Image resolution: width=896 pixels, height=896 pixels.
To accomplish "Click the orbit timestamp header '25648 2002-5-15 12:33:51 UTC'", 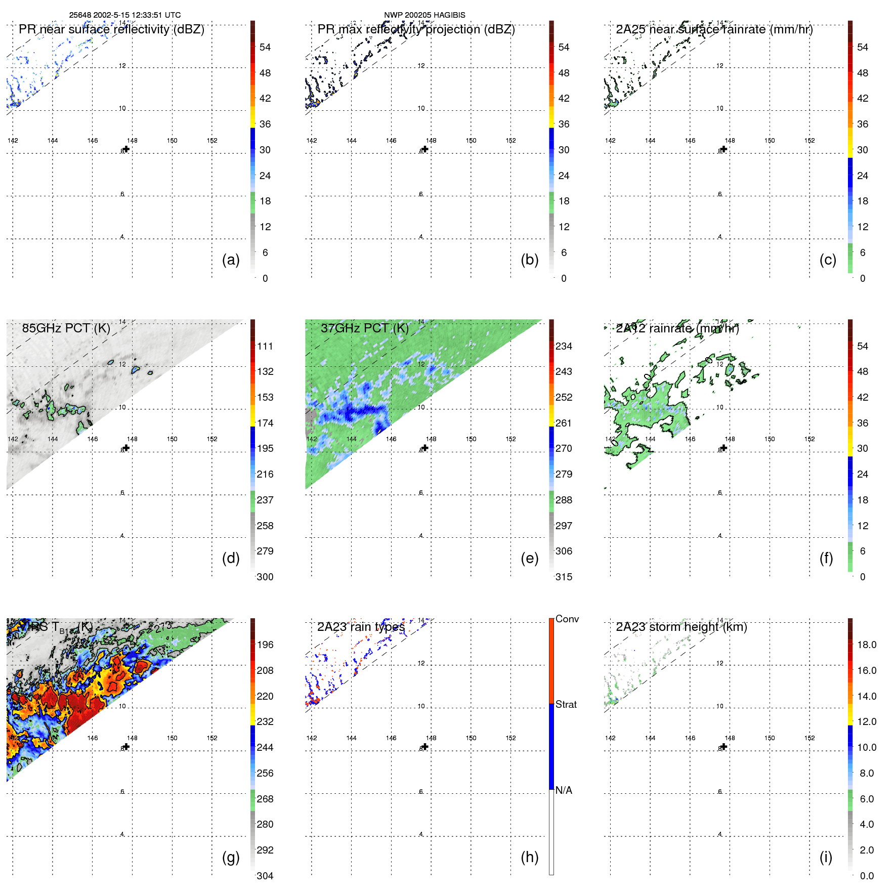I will coord(124,15).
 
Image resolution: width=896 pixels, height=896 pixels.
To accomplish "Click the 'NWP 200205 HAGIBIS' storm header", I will coord(424,15).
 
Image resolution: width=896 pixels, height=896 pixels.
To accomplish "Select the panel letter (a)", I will coord(231,260).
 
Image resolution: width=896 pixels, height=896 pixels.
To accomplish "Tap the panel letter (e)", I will coord(529,558).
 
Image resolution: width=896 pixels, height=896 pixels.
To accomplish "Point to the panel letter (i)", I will coord(826,857).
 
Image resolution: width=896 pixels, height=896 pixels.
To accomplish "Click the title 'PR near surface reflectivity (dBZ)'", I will coord(111,29).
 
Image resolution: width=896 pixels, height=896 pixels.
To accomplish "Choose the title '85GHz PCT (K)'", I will coord(66,328).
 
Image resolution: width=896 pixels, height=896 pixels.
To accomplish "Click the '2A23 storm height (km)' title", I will coord(681,627).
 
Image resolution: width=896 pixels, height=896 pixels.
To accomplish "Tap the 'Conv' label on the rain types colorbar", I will coord(567,619).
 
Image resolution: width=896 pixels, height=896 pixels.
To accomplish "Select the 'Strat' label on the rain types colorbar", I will coord(566,704).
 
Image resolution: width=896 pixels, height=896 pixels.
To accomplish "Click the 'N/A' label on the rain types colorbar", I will coord(564,790).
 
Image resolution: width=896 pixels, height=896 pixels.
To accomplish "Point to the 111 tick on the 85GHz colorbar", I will coord(265,346).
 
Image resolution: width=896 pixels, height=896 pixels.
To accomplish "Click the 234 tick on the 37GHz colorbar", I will coord(564,346).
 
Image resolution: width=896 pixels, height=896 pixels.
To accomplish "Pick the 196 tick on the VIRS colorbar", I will coord(265,645).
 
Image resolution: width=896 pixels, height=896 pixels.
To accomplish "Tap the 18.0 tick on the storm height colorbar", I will coord(866,645).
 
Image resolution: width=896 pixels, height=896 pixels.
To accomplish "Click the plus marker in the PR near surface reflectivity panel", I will coord(126,149).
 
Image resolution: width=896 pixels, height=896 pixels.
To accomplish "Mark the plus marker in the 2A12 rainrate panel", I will coord(724,448).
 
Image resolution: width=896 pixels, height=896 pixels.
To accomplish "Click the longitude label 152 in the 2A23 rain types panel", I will coord(510,738).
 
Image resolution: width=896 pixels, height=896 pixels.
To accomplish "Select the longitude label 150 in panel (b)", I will coord(471,141).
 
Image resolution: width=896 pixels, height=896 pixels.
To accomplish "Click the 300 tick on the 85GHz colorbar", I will coord(265,577).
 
